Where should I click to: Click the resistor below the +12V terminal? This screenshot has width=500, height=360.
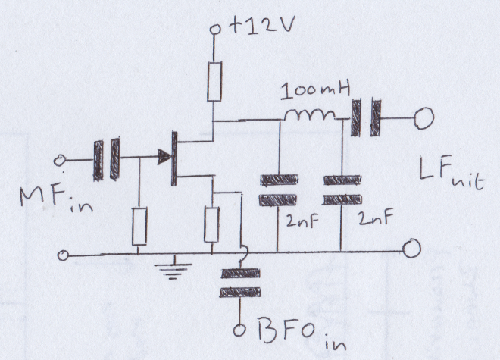pos(214,81)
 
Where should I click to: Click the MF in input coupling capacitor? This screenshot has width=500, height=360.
pos(106,158)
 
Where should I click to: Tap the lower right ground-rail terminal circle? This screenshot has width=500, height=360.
pos(411,248)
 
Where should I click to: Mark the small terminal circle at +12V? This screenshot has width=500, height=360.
pos(215,30)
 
